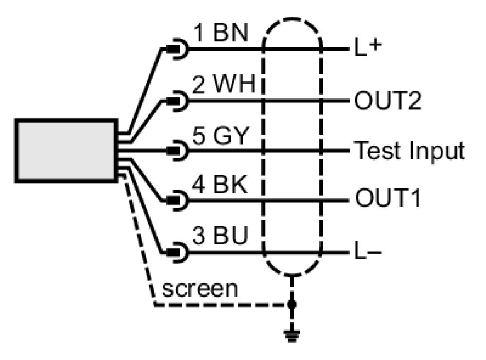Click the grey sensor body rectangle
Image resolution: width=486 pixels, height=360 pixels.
tap(66, 151)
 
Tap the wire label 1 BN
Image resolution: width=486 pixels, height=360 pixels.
tap(221, 33)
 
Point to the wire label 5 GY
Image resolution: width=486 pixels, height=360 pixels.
tap(221, 136)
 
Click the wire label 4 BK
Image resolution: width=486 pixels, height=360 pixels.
tap(220, 185)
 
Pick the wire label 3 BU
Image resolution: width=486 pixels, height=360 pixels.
tap(220, 235)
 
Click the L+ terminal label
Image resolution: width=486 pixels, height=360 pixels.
tap(367, 48)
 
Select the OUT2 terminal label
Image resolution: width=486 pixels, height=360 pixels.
tap(388, 100)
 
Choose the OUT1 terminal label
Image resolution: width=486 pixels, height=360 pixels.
tap(387, 198)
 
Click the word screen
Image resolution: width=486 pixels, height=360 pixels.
tap(200, 289)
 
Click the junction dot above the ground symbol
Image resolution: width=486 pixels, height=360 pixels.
tap(291, 305)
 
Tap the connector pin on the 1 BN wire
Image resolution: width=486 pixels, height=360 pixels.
tap(174, 49)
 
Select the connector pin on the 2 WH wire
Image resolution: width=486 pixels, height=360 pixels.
tap(174, 101)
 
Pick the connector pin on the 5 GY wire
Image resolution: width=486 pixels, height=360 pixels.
tap(174, 151)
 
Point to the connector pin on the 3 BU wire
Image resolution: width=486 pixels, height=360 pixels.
tap(174, 252)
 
